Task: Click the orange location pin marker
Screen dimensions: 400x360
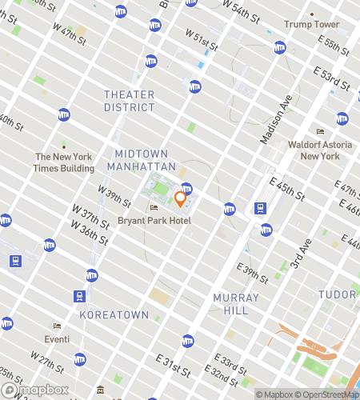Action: pyautogui.click(x=180, y=197)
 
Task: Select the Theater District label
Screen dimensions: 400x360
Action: pyautogui.click(x=129, y=100)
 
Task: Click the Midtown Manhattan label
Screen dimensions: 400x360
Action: pyautogui.click(x=145, y=159)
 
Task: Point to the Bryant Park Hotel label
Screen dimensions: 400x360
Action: pyautogui.click(x=154, y=220)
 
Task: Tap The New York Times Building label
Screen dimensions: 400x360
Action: pyautogui.click(x=64, y=164)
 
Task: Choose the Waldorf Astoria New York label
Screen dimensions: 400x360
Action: pyautogui.click(x=320, y=150)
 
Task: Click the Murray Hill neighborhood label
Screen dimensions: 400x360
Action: pyautogui.click(x=236, y=303)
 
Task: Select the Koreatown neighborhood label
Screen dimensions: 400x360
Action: pyautogui.click(x=114, y=315)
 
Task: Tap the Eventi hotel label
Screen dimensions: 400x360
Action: pyautogui.click(x=57, y=338)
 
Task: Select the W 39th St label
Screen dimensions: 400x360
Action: pyautogui.click(x=114, y=194)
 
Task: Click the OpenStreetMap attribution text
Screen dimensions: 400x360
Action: pyautogui.click(x=328, y=394)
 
